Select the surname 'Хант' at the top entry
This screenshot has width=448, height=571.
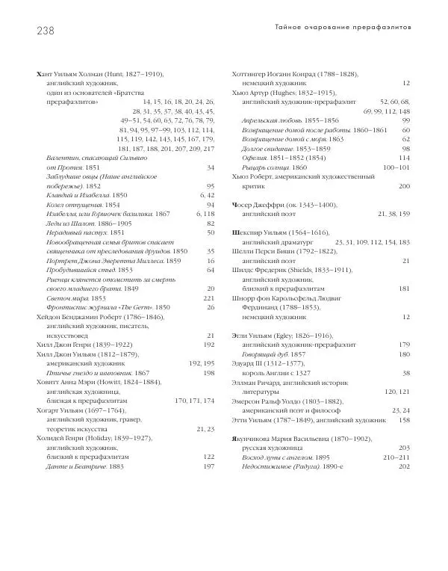pos(46,74)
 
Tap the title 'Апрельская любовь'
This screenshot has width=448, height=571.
pos(273,120)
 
